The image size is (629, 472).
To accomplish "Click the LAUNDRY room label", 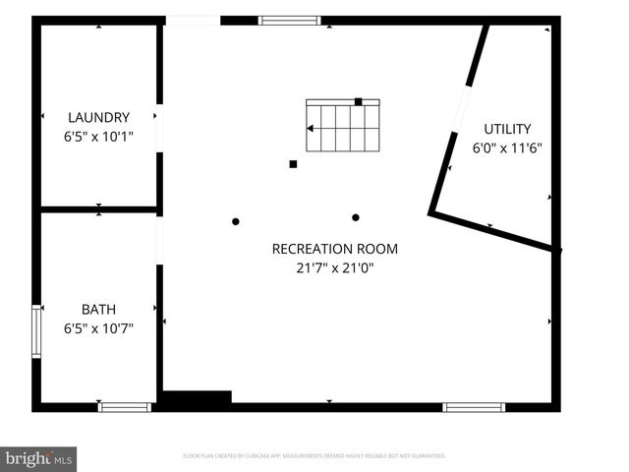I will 98,117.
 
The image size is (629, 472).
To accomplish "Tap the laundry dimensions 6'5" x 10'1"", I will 98,137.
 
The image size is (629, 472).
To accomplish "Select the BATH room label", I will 98,309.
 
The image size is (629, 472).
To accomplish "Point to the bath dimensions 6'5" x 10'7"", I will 98,328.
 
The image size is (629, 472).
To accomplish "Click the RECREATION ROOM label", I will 335,249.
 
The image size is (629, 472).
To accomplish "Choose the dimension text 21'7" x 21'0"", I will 335,267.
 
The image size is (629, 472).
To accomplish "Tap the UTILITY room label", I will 507,129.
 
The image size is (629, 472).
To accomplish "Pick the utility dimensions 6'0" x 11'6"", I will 507,148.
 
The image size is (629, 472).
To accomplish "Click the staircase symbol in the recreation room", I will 342,126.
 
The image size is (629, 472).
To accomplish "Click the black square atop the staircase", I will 359,100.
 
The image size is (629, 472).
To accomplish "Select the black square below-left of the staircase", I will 293,164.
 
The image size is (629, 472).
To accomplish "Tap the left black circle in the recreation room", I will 236,221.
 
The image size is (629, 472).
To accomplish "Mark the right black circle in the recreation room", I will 356,217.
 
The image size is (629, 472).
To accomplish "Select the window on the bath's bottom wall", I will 125,406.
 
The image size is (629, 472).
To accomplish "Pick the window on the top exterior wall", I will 290,20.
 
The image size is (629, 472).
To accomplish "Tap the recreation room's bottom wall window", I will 474,406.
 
